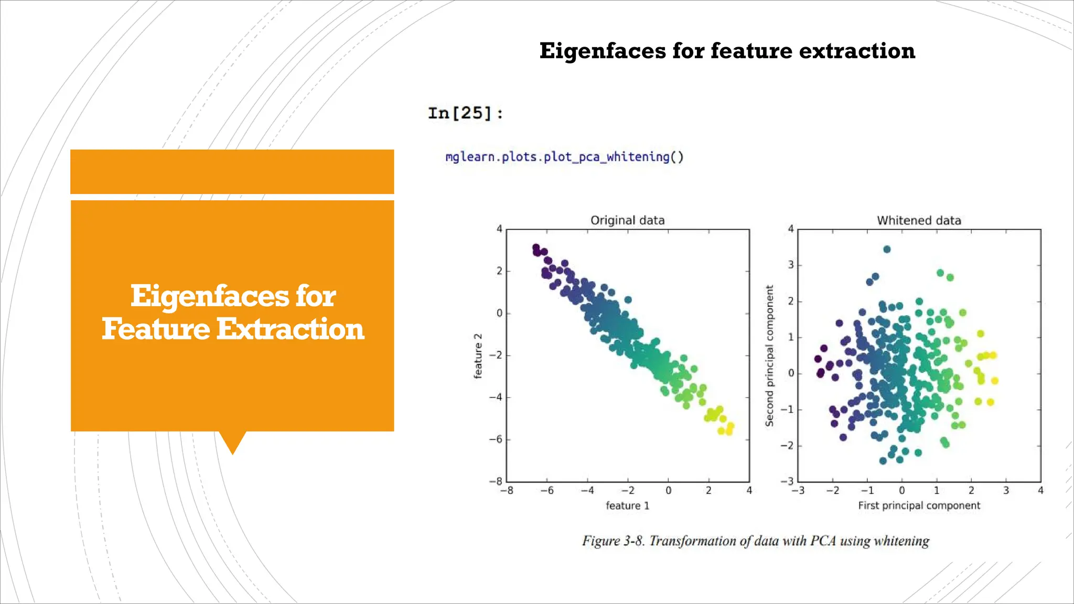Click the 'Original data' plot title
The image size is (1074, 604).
point(627,220)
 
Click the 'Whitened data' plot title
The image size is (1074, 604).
point(919,220)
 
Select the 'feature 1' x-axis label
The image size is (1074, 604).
point(627,505)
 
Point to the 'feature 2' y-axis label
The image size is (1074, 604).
point(478,356)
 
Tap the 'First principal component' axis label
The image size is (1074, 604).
point(919,505)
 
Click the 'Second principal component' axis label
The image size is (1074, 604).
point(769,356)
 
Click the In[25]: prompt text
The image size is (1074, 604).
point(465,113)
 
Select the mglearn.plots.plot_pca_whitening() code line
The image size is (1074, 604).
point(564,157)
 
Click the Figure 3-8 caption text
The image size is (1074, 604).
point(755,541)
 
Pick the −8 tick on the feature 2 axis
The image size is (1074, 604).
point(496,481)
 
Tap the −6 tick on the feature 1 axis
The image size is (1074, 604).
point(547,491)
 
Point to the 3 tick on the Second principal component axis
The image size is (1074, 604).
point(791,265)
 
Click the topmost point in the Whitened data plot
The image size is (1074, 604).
point(887,250)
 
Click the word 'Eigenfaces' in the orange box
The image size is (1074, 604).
point(209,296)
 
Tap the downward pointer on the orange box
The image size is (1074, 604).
point(232,441)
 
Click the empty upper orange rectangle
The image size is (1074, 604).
point(232,171)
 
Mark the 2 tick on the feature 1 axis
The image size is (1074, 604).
point(708,491)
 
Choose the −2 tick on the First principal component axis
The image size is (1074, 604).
point(832,491)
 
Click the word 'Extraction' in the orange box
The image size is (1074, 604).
point(290,329)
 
